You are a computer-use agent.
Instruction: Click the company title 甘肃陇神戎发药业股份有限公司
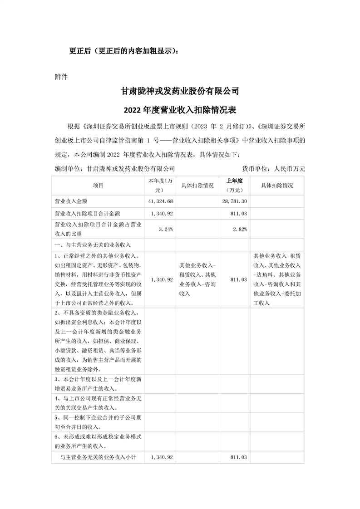pyautogui.click(x=179, y=91)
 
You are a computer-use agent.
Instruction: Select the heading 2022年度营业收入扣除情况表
pyautogui.click(x=179, y=109)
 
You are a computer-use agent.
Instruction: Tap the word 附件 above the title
pyautogui.click(x=61, y=76)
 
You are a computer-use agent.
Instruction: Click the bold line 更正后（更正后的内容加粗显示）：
pyautogui.click(x=124, y=51)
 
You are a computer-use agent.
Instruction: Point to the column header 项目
pyautogui.click(x=98, y=186)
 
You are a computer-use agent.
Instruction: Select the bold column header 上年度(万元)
pyautogui.click(x=235, y=186)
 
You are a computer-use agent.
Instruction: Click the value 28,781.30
pyautogui.click(x=235, y=201)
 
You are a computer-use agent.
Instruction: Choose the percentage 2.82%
pyautogui.click(x=240, y=229)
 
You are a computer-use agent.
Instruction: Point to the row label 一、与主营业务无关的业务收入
pyautogui.click(x=92, y=245)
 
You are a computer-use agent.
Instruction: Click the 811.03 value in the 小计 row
pyautogui.click(x=238, y=458)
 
